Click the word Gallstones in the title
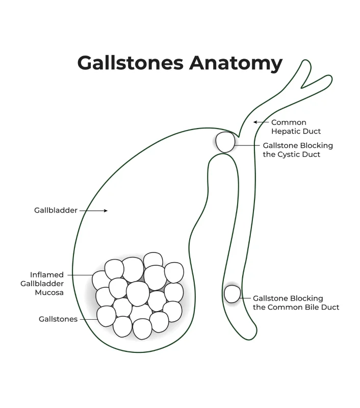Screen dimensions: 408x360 (x=131, y=63)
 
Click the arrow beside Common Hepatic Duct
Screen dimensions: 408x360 (x=261, y=122)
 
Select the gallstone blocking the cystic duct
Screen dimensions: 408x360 (x=224, y=142)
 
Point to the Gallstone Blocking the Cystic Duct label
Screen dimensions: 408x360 (x=298, y=149)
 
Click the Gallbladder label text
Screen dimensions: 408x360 (x=56, y=210)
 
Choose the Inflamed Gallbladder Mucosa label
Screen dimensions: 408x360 (x=47, y=284)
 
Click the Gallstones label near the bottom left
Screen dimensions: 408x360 (x=58, y=319)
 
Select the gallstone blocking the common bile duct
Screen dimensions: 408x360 (x=232, y=294)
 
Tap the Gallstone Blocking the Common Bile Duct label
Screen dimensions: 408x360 (x=296, y=303)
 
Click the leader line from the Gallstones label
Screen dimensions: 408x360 (x=88, y=319)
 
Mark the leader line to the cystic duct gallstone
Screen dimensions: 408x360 (x=247, y=145)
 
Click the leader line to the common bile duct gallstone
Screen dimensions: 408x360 (x=246, y=298)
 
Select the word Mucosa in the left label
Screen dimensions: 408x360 (x=49, y=292)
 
